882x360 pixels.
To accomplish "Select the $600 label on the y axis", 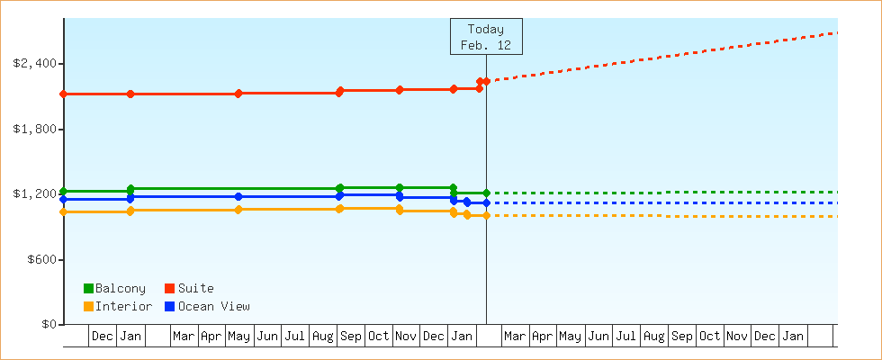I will [40, 260].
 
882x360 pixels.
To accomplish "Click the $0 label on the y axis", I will [47, 325].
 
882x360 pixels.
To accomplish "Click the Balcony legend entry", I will [119, 289].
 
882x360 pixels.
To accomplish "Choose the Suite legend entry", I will [195, 289].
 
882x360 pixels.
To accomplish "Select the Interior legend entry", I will [122, 307].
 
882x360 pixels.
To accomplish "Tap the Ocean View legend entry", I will [213, 307].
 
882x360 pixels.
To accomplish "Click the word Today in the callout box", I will [486, 30].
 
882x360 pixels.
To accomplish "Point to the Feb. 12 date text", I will [486, 45].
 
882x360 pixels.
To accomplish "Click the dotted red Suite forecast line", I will [666, 56].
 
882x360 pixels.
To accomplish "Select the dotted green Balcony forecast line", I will [666, 193].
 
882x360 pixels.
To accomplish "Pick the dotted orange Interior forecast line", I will [666, 216].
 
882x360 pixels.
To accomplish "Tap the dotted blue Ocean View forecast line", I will [666, 203].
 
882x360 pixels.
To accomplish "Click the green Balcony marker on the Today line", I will [486, 193].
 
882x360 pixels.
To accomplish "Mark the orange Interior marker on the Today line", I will [486, 216].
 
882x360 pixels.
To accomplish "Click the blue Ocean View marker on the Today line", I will [486, 202].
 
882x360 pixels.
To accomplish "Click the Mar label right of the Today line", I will [515, 337].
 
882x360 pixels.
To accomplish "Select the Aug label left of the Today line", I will [322, 337].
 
